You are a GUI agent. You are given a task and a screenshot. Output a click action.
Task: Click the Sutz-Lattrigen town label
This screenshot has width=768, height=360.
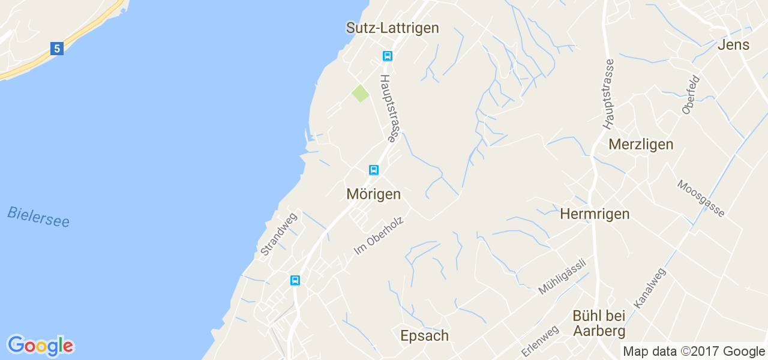392,28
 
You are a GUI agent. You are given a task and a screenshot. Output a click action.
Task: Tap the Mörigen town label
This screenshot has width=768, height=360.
373,194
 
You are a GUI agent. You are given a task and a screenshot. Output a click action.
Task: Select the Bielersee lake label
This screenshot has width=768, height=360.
38,217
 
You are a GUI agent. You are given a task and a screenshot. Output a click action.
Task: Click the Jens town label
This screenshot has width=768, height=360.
733,45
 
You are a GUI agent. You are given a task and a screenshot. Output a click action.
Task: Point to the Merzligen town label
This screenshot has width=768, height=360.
641,145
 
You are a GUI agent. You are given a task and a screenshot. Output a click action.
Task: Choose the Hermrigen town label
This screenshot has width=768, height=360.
595,214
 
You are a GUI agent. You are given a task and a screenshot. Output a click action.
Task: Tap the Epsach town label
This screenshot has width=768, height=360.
424,336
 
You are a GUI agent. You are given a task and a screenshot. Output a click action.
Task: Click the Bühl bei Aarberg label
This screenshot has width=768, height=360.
599,323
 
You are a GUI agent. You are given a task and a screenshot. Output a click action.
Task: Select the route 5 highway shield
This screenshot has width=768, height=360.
57,49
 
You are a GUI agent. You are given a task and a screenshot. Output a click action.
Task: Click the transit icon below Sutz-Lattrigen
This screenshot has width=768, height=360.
388,56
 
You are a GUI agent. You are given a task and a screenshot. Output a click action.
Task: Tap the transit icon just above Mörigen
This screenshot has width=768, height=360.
374,170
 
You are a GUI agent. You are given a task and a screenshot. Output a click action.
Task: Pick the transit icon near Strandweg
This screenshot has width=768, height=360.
295,280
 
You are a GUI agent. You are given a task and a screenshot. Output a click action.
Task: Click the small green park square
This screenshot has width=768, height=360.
360,94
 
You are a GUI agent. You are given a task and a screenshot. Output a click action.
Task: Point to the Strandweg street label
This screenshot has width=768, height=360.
278,235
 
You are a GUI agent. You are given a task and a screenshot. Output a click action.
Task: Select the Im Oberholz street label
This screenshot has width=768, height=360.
379,235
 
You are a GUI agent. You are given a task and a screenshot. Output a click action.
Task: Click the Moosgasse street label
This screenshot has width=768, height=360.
701,198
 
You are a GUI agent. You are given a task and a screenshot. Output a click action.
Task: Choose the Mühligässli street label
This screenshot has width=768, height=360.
562,276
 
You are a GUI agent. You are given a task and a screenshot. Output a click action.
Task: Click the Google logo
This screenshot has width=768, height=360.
40,346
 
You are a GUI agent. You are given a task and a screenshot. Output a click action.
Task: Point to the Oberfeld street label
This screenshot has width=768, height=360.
691,95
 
